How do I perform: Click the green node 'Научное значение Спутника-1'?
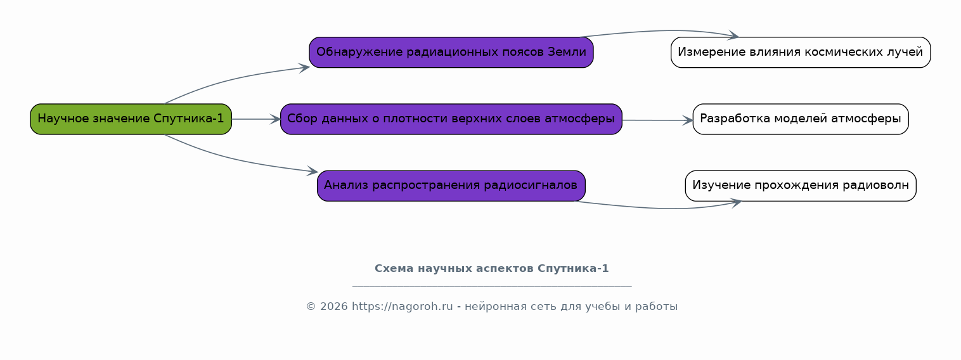pos(131,119)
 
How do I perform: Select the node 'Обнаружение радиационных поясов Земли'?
pos(451,53)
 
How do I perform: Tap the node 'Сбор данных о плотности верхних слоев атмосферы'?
pos(451,119)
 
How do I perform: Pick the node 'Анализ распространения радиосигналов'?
pos(451,186)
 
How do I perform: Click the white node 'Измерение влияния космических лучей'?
pos(801,53)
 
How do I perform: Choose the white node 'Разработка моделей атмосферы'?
pos(801,119)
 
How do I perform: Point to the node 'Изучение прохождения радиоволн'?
pos(801,186)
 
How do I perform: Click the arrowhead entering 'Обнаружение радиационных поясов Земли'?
pos(305,68)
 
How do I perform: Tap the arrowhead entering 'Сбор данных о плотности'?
pos(275,119)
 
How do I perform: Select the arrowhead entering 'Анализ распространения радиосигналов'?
pos(313,171)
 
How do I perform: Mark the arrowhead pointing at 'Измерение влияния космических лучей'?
pos(733,35)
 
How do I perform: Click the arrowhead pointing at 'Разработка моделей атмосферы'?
pos(688,120)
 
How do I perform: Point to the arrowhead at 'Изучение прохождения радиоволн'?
pos(736,203)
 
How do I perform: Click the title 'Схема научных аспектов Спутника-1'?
pos(492,269)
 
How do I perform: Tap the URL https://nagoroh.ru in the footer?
pos(403,306)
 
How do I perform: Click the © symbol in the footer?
pos(311,307)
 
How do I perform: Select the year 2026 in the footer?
pos(334,307)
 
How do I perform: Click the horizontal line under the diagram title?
pos(492,286)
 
